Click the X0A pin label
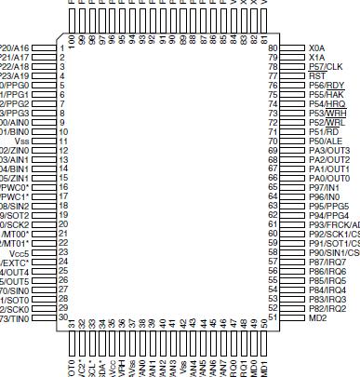pos(317,47)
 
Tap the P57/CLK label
pos(326,66)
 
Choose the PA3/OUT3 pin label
pos(329,150)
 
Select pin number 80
pos(273,47)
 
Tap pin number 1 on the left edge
pos(61,47)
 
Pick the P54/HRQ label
pos(327,103)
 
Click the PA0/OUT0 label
pos(329,178)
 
